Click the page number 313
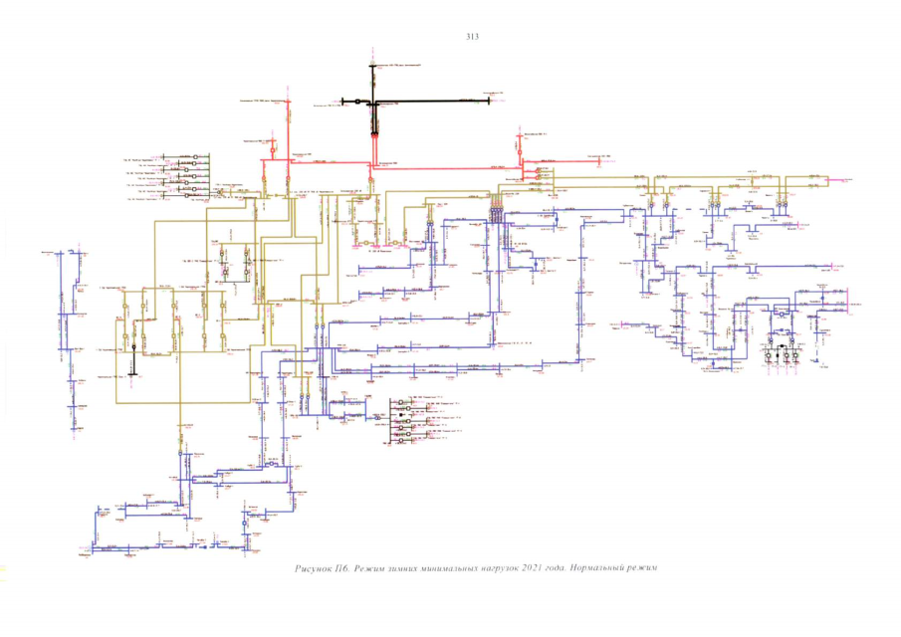click(472, 37)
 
